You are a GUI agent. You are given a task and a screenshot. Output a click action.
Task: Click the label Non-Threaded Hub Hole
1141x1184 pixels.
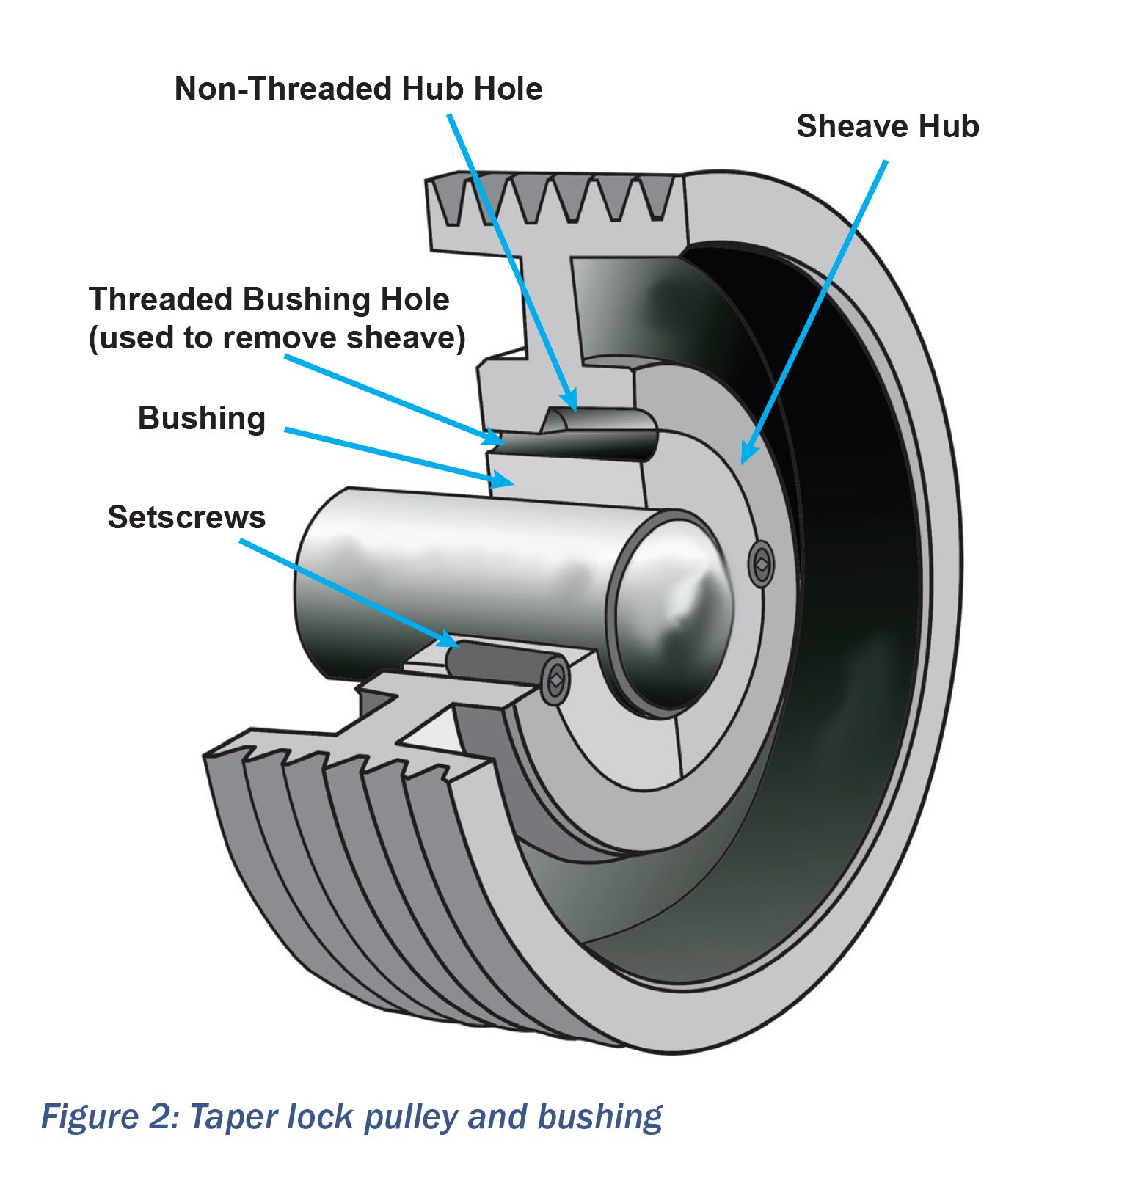click(x=358, y=89)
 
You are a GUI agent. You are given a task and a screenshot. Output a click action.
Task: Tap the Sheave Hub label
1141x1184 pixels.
click(x=887, y=126)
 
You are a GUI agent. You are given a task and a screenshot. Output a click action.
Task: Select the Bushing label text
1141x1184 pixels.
click(x=201, y=419)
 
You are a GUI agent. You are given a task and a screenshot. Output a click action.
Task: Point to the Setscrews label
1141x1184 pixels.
click(x=186, y=517)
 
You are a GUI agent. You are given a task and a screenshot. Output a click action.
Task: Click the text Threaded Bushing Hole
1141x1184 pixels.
click(x=269, y=299)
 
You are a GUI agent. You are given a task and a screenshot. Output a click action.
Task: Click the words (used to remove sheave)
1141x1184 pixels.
click(x=277, y=338)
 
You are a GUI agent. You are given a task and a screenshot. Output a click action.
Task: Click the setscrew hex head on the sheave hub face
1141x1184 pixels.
click(x=762, y=564)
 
